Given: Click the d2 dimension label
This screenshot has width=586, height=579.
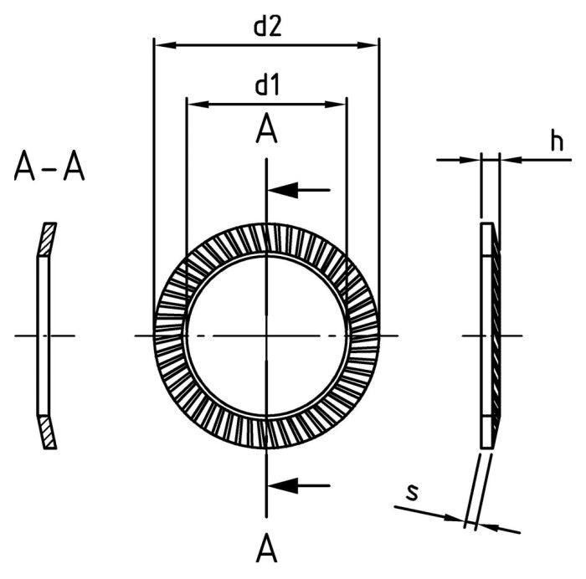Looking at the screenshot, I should click(266, 27).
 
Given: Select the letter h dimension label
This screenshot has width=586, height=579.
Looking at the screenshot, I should click(556, 141).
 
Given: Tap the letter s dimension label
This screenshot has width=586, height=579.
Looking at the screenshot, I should click(411, 493).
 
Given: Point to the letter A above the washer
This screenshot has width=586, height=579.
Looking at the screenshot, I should click(266, 131).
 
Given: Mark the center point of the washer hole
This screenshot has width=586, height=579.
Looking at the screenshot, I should click(266, 336).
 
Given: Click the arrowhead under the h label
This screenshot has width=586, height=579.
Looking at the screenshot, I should click(509, 159).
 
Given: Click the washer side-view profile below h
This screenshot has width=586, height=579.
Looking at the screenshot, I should click(489, 335).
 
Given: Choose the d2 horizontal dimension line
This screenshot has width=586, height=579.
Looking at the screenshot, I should click(266, 45).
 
